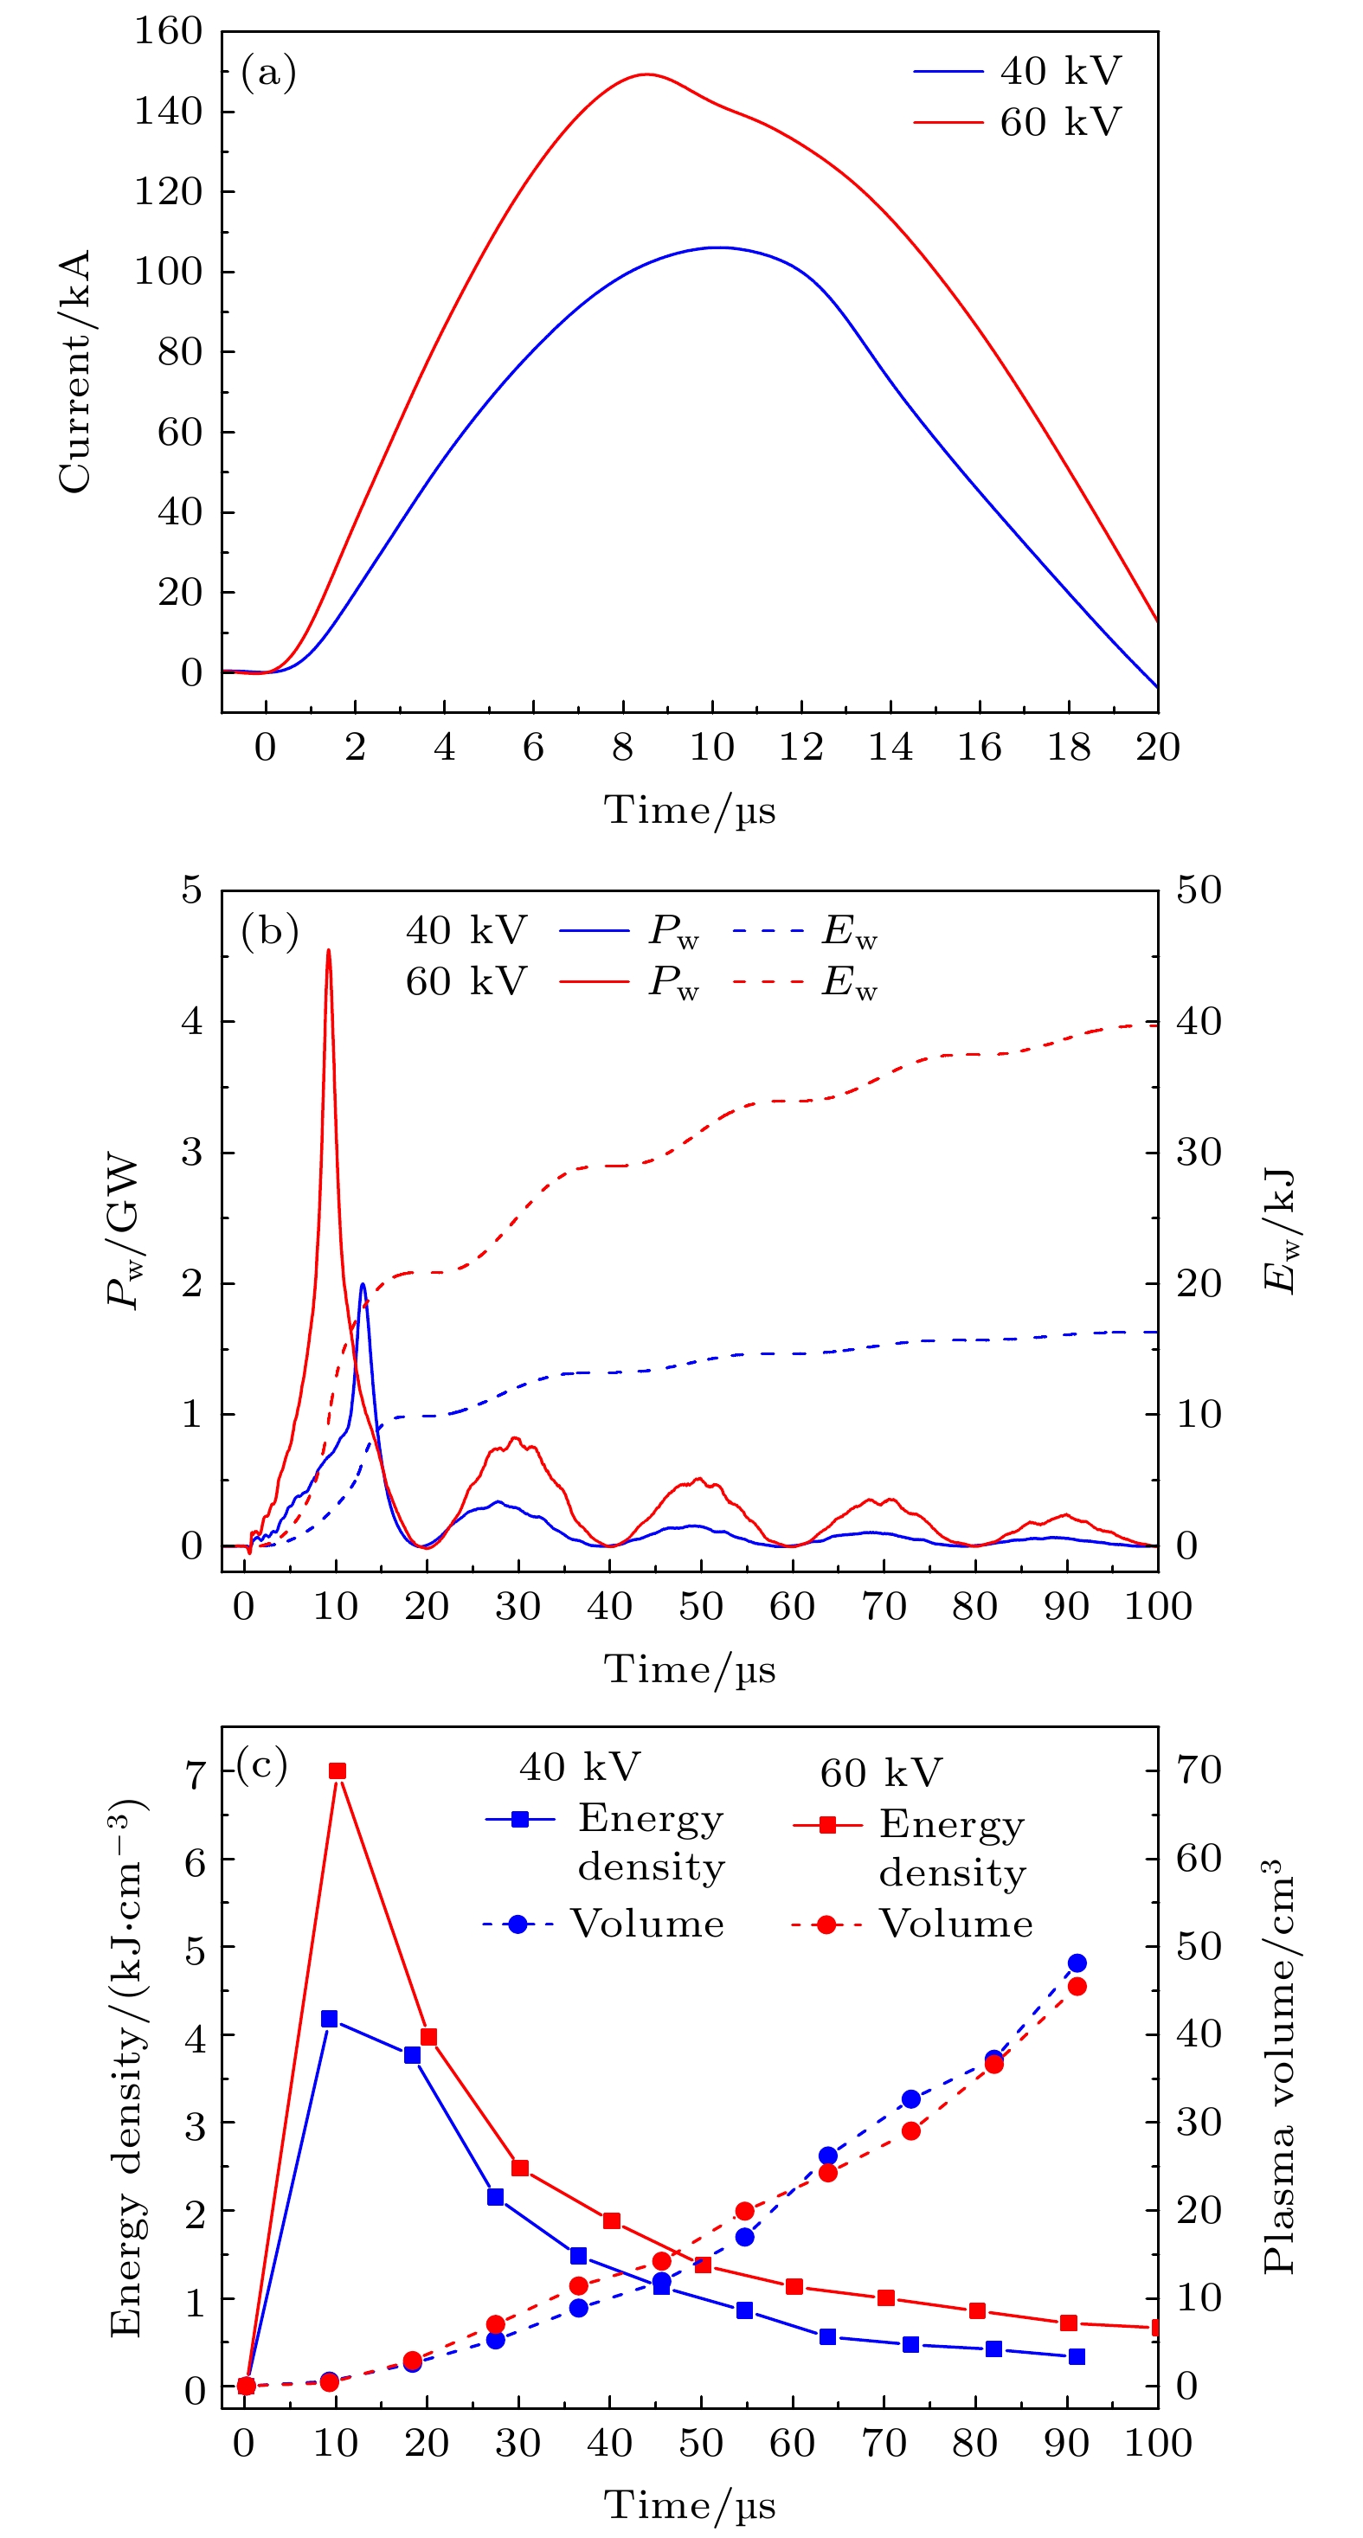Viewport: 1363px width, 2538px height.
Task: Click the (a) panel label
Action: click(x=268, y=74)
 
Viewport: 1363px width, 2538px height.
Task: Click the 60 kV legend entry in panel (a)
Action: click(x=1059, y=122)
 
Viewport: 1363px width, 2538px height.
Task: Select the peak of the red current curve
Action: click(x=646, y=74)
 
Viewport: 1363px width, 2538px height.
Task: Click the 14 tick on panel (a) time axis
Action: click(x=890, y=748)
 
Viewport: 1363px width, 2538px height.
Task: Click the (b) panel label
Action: click(x=269, y=932)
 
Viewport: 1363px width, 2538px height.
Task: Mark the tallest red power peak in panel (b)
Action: click(x=328, y=951)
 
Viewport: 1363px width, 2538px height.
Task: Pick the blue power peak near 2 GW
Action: click(x=363, y=1285)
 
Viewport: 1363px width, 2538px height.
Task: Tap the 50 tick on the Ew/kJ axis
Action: click(x=1199, y=890)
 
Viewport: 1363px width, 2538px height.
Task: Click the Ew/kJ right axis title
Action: click(x=1278, y=1231)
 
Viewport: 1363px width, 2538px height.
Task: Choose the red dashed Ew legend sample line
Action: click(x=768, y=982)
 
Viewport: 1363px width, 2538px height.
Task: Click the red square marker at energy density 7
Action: click(x=337, y=1771)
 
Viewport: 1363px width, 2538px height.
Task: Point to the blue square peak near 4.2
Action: click(x=329, y=2019)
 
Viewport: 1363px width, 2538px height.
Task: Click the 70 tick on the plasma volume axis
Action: click(x=1199, y=1770)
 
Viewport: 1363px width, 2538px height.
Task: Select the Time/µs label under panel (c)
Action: click(x=690, y=2505)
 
